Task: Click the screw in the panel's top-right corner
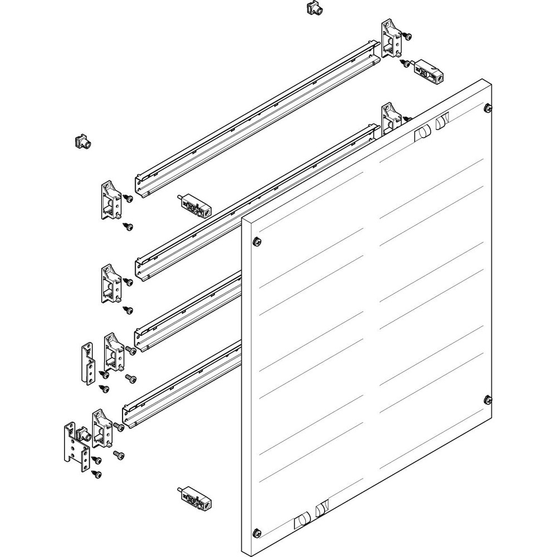pyautogui.click(x=488, y=108)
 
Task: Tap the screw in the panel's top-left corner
pyautogui.click(x=256, y=241)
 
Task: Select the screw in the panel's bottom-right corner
pyautogui.click(x=488, y=399)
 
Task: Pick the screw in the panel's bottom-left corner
pyautogui.click(x=256, y=532)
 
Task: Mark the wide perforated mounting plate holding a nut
pyautogui.click(x=74, y=446)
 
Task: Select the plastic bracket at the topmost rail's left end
pyautogui.click(x=111, y=201)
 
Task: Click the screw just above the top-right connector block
pyautogui.click(x=408, y=37)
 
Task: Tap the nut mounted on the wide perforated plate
pyautogui.click(x=84, y=434)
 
